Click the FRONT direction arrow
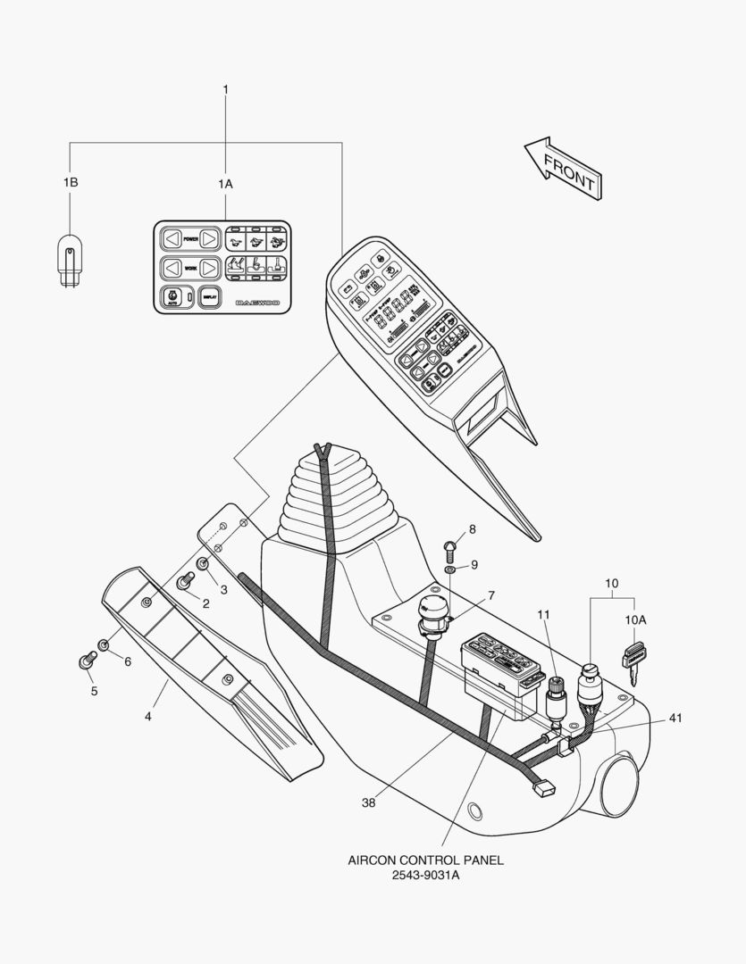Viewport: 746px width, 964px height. (x=561, y=168)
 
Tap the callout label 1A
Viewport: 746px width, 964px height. (x=225, y=183)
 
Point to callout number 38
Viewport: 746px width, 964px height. (x=368, y=802)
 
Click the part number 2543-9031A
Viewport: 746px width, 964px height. (x=424, y=876)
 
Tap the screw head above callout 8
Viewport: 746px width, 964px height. (x=451, y=546)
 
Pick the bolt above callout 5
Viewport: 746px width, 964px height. (x=88, y=661)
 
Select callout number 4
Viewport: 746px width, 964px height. (x=149, y=715)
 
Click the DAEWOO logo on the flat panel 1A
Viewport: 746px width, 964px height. (x=257, y=303)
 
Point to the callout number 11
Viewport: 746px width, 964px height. (x=544, y=615)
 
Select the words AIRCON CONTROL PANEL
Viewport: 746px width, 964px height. (x=425, y=860)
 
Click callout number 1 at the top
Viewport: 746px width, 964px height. (x=225, y=89)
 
